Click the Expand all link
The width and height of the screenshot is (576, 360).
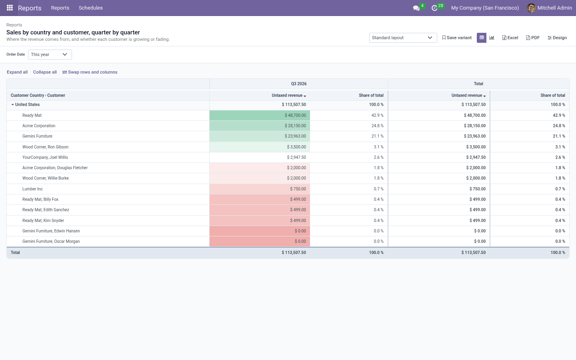pos(17,72)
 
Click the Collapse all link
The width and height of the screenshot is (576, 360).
pos(45,72)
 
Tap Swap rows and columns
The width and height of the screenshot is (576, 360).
pos(90,72)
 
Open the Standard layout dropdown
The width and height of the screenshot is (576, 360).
pos(403,38)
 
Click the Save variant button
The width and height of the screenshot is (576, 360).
pos(457,38)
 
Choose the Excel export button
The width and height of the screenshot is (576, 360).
pos(510,38)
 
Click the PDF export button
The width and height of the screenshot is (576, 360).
pos(533,38)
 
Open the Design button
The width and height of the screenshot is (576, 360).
pos(557,38)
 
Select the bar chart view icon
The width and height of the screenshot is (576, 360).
pos(491,38)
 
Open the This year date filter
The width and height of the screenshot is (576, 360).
pos(50,54)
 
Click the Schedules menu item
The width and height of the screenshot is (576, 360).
pos(90,8)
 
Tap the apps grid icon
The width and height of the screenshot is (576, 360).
pos(10,8)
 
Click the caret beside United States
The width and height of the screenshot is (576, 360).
pos(12,105)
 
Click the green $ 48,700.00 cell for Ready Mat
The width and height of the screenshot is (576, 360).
pos(260,116)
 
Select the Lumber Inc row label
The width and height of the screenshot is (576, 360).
pos(32,189)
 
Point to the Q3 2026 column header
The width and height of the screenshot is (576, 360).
pos(298,84)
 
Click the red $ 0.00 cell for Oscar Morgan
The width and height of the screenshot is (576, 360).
pos(260,242)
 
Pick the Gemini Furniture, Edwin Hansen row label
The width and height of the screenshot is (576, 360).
pos(51,231)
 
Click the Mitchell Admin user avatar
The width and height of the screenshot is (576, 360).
pos(531,8)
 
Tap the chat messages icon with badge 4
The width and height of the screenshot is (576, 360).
pos(416,8)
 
